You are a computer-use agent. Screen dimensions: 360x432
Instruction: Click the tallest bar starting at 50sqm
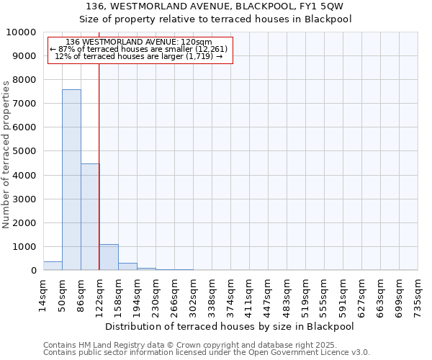[x=71, y=180]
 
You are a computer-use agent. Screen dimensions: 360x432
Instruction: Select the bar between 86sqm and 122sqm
[x=90, y=217]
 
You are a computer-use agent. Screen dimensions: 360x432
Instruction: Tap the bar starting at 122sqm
[x=109, y=257]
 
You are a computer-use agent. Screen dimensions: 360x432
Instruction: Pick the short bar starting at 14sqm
[x=53, y=266]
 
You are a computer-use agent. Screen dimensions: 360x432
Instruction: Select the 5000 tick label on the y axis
[x=24, y=151]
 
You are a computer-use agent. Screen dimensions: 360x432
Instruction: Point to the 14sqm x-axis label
[x=43, y=293]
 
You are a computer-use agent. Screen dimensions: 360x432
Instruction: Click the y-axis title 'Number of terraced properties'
[x=6, y=155]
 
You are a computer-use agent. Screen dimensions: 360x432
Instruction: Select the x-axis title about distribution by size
[x=234, y=326]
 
